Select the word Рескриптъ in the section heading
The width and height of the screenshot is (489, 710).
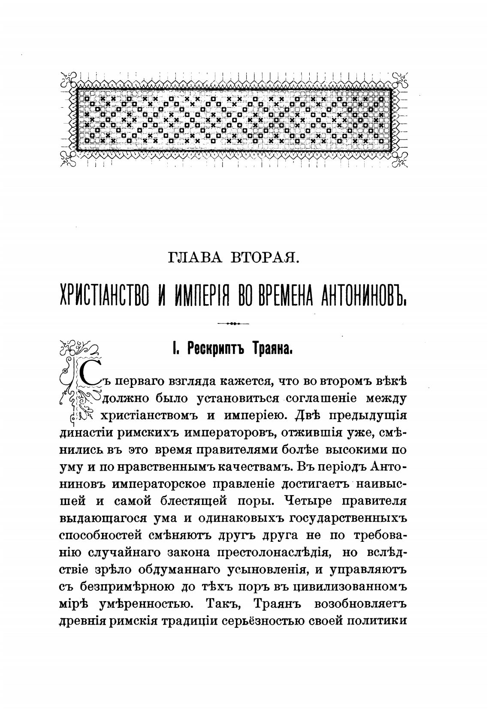[213, 349]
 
